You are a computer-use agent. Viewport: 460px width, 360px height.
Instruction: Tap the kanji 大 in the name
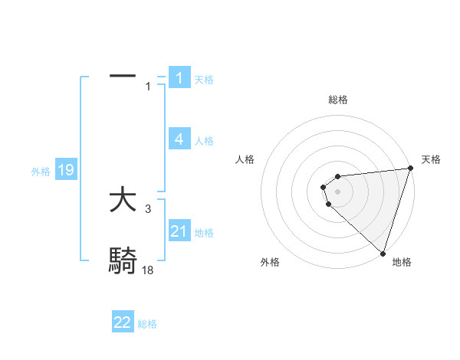tap(123, 201)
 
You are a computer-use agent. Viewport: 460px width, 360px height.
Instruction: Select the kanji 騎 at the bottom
tap(123, 261)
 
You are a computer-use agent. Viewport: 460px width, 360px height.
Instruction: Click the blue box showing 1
tap(179, 77)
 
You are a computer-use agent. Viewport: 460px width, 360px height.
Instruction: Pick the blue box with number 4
tap(179, 139)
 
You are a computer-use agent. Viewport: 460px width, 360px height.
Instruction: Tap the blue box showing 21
tap(179, 231)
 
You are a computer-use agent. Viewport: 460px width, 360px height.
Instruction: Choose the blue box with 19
tap(66, 169)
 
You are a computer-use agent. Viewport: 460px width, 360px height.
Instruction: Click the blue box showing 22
tap(123, 322)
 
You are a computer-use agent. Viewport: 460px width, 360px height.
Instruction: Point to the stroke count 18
tap(148, 270)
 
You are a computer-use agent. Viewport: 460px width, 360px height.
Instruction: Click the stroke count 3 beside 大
tap(148, 208)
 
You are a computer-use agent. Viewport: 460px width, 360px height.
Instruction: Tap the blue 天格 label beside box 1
tap(204, 79)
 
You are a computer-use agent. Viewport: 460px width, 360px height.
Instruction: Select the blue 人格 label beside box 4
tap(204, 140)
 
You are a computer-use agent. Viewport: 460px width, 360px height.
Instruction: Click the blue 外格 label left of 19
tap(41, 172)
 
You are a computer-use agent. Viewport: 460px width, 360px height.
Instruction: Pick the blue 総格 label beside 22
tap(147, 324)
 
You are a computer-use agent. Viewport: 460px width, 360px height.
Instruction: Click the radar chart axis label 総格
tap(337, 100)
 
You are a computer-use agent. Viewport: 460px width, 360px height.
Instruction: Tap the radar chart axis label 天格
tap(432, 159)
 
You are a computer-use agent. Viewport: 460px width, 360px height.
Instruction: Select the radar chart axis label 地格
tap(402, 262)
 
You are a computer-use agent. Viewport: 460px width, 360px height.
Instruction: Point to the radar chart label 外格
tap(270, 262)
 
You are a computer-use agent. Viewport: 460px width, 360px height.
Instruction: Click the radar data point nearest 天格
tap(410, 169)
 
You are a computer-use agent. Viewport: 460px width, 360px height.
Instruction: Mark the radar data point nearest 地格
tap(383, 253)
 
